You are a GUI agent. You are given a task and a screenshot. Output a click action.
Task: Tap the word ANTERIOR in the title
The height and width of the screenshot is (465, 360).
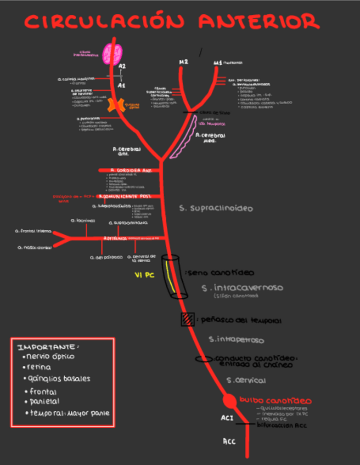point(258,22)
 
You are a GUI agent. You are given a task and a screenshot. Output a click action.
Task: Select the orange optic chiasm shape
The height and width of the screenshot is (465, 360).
point(115,106)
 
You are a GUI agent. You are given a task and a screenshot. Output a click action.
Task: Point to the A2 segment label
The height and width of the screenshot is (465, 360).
point(122,66)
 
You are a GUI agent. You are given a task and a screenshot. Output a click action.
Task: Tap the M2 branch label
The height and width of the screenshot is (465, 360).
point(183,62)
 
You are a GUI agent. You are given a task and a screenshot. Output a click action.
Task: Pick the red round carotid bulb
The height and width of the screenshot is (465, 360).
point(229,401)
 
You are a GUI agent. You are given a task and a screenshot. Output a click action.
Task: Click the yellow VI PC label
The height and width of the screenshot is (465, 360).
point(145,275)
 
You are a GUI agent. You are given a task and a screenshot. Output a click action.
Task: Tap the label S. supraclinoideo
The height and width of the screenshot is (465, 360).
point(216,208)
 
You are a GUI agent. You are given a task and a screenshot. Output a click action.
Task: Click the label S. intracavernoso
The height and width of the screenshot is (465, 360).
point(242,287)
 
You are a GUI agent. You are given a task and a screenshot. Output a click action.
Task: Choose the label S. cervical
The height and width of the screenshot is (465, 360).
point(246,380)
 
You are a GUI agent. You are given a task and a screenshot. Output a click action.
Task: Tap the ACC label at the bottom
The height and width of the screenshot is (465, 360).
point(229,441)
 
